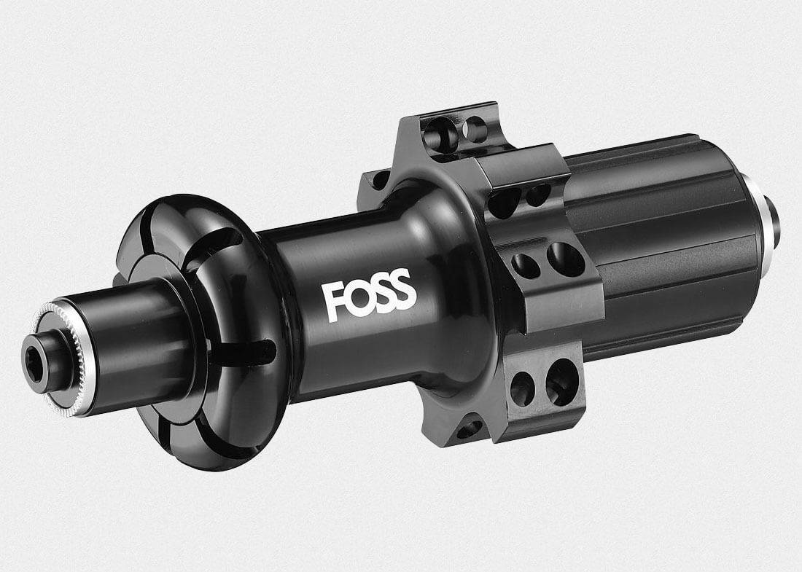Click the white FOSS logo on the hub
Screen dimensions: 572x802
click(369, 295)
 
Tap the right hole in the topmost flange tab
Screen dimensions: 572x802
click(475, 130)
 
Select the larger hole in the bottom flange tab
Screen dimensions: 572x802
click(561, 381)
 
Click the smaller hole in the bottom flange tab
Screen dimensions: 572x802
click(522, 388)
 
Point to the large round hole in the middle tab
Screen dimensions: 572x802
click(566, 259)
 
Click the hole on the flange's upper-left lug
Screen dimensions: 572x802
click(379, 179)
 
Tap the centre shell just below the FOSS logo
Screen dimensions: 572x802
click(379, 350)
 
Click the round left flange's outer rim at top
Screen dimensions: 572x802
click(182, 204)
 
